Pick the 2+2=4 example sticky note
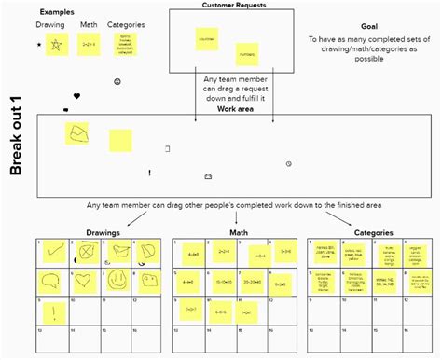(x=89, y=45)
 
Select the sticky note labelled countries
(x=206, y=39)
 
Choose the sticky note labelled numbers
(x=245, y=53)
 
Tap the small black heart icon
(x=76, y=96)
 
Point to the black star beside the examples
(x=38, y=45)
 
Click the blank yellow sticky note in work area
(x=120, y=140)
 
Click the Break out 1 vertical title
(x=16, y=141)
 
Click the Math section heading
(x=238, y=232)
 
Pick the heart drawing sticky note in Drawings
(x=85, y=280)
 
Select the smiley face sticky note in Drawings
(x=117, y=280)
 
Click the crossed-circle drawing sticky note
(x=87, y=252)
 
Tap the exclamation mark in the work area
(x=149, y=173)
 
